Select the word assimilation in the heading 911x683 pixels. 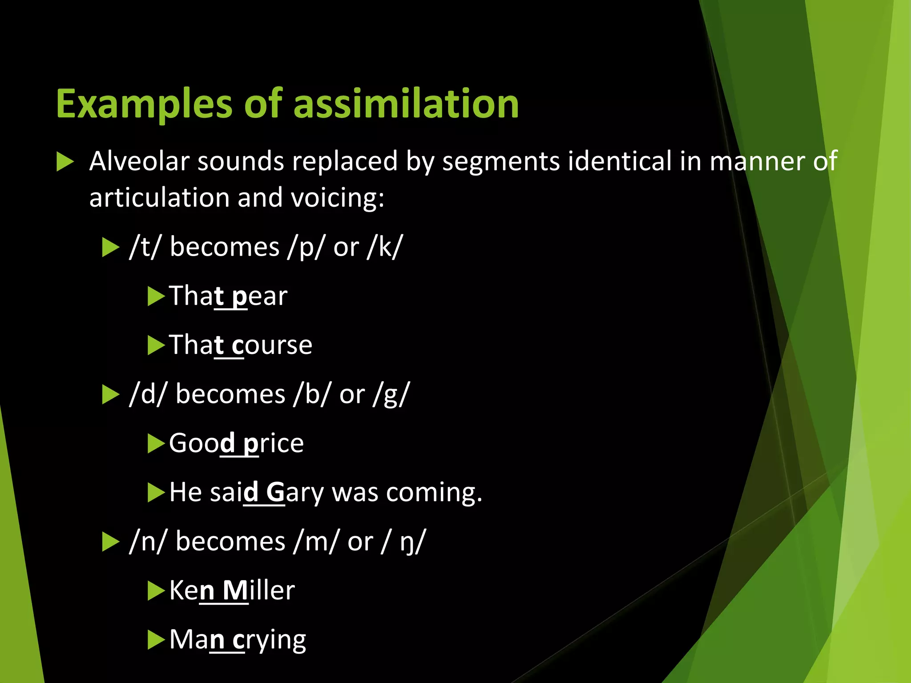coord(406,104)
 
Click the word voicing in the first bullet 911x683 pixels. coord(337,198)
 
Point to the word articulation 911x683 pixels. coord(159,198)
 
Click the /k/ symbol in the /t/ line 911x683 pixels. coord(385,247)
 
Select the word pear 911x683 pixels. coord(260,296)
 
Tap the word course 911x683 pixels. coord(272,345)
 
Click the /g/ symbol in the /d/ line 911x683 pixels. coord(391,394)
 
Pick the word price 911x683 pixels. coord(274,443)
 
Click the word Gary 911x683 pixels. coord(295,493)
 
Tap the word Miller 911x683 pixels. coord(258,591)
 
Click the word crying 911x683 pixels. coord(269,640)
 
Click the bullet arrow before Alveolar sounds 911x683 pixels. coord(65,162)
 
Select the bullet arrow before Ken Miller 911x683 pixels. coord(156,591)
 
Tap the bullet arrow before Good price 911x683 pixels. coord(156,444)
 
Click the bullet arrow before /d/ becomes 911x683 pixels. coord(110,395)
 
